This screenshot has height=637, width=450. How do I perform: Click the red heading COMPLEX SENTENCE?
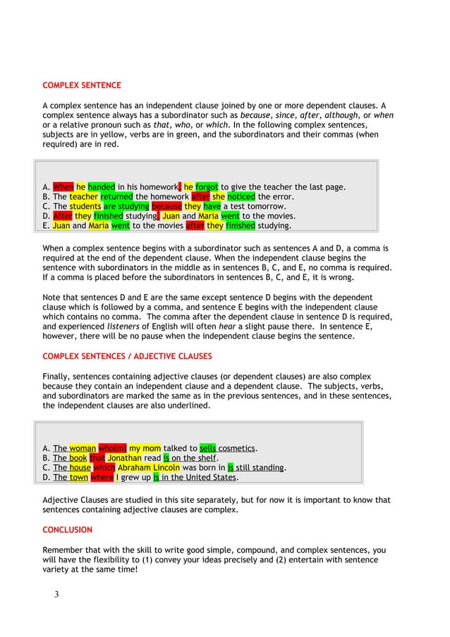(x=82, y=85)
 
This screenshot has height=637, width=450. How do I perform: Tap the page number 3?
(x=56, y=594)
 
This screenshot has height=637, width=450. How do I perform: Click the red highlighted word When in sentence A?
(x=63, y=187)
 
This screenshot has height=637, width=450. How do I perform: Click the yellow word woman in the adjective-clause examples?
(x=83, y=448)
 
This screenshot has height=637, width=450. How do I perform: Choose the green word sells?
(x=207, y=448)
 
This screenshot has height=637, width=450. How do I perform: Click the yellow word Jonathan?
(x=125, y=458)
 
